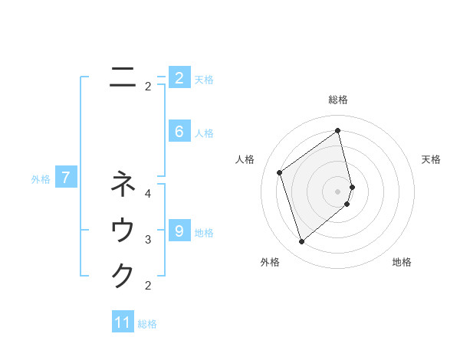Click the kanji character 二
pyautogui.click(x=123, y=77)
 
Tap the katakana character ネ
pyautogui.click(x=123, y=184)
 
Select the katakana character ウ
pyautogui.click(x=123, y=230)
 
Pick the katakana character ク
pyautogui.click(x=123, y=275)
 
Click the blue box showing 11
pyautogui.click(x=123, y=322)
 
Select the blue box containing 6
pyautogui.click(x=179, y=132)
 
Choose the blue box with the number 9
pyautogui.click(x=179, y=230)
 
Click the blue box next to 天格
pyautogui.click(x=179, y=77)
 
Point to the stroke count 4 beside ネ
pyautogui.click(x=148, y=194)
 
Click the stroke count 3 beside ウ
pyautogui.click(x=148, y=240)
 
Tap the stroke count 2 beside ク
pyautogui.click(x=148, y=286)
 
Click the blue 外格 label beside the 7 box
pyautogui.click(x=41, y=179)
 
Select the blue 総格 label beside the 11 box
pyautogui.click(x=147, y=323)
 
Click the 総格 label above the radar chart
pyautogui.click(x=338, y=100)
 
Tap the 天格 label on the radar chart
pyautogui.click(x=431, y=159)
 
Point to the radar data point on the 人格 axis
pyautogui.click(x=280, y=172)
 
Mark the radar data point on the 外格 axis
pyautogui.click(x=301, y=242)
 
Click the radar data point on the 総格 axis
pyautogui.click(x=338, y=130)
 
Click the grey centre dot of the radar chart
pyautogui.click(x=338, y=191)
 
